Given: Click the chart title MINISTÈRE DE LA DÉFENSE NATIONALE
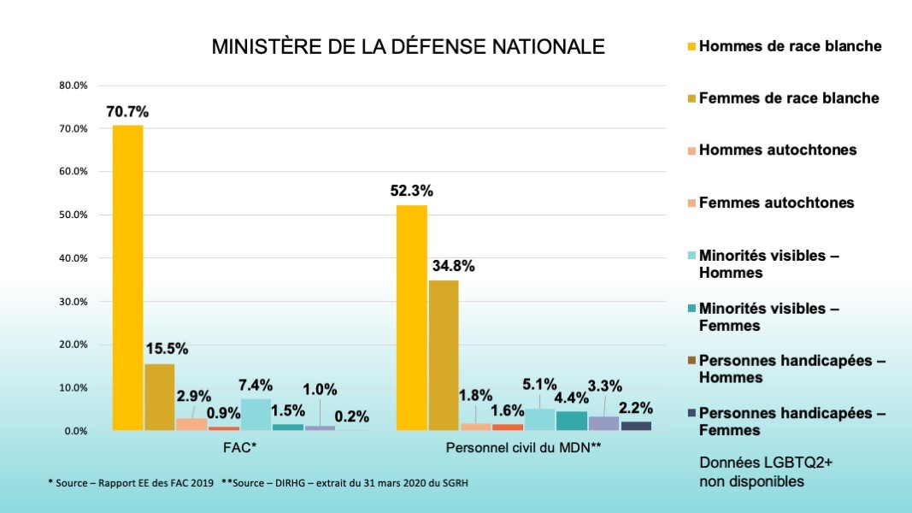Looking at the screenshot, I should point(408,46).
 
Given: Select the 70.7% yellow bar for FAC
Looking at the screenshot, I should point(127,278).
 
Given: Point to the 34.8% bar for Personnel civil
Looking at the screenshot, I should point(444,356).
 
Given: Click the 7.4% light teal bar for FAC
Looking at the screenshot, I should point(256,415).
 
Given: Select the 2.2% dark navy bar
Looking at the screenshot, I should point(636,426).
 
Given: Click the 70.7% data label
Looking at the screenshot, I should point(127,111).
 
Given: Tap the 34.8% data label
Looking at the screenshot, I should point(453,266).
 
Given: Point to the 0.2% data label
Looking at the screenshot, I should point(351,417).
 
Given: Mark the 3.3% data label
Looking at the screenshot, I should point(604,386).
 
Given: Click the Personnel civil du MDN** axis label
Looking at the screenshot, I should point(524,447).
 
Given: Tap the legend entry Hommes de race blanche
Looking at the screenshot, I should point(790,46).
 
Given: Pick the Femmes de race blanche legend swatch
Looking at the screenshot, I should point(691,99).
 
